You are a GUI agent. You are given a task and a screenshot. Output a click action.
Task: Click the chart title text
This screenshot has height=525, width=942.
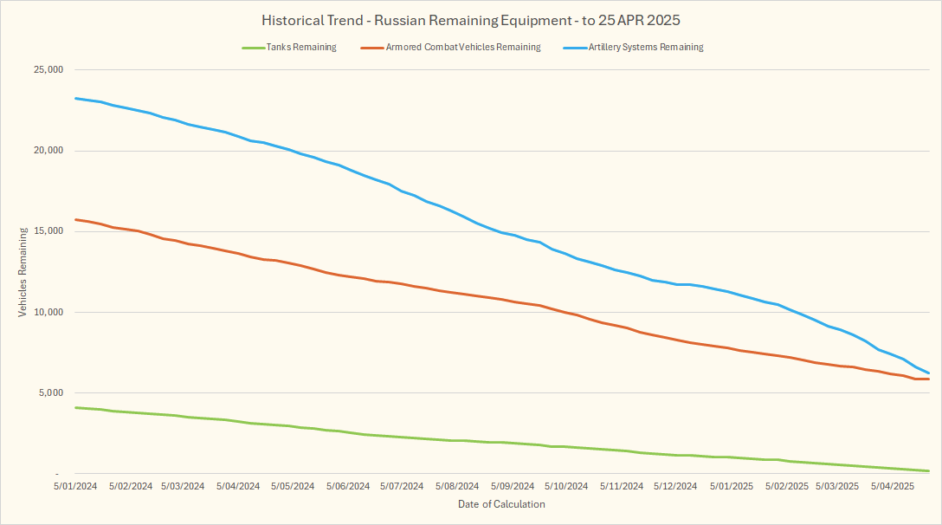coord(470,19)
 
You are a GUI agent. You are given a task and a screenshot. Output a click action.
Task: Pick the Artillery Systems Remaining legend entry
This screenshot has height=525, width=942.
coord(645,48)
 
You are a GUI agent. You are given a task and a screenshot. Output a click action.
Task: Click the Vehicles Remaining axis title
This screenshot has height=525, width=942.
coord(23,271)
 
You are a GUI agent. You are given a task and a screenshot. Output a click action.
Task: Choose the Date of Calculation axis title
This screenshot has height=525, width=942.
coord(501,504)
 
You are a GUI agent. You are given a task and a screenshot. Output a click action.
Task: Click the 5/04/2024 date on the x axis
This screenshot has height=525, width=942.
coord(237,487)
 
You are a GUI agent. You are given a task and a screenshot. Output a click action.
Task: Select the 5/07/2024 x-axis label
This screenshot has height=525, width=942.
coord(401,487)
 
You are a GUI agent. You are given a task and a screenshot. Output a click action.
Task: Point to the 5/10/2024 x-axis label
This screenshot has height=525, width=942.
coord(565,487)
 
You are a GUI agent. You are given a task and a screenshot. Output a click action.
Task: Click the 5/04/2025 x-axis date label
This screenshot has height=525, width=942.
coord(892,487)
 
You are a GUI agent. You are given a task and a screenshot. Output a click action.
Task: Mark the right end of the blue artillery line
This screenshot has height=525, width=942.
coord(928,373)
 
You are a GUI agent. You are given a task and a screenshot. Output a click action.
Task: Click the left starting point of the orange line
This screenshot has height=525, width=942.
coord(76,220)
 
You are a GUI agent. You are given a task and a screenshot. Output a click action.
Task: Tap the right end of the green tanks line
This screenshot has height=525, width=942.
coord(928,471)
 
